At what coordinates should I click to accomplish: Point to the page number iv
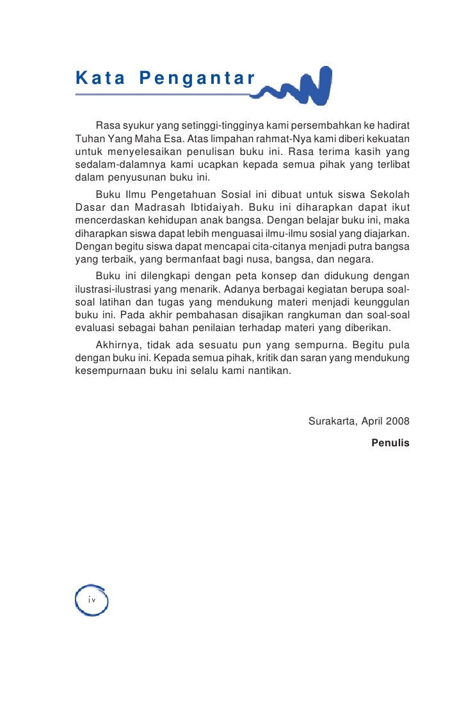point(92,599)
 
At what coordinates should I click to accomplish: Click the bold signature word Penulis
point(390,442)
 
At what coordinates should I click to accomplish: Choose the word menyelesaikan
point(149,151)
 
